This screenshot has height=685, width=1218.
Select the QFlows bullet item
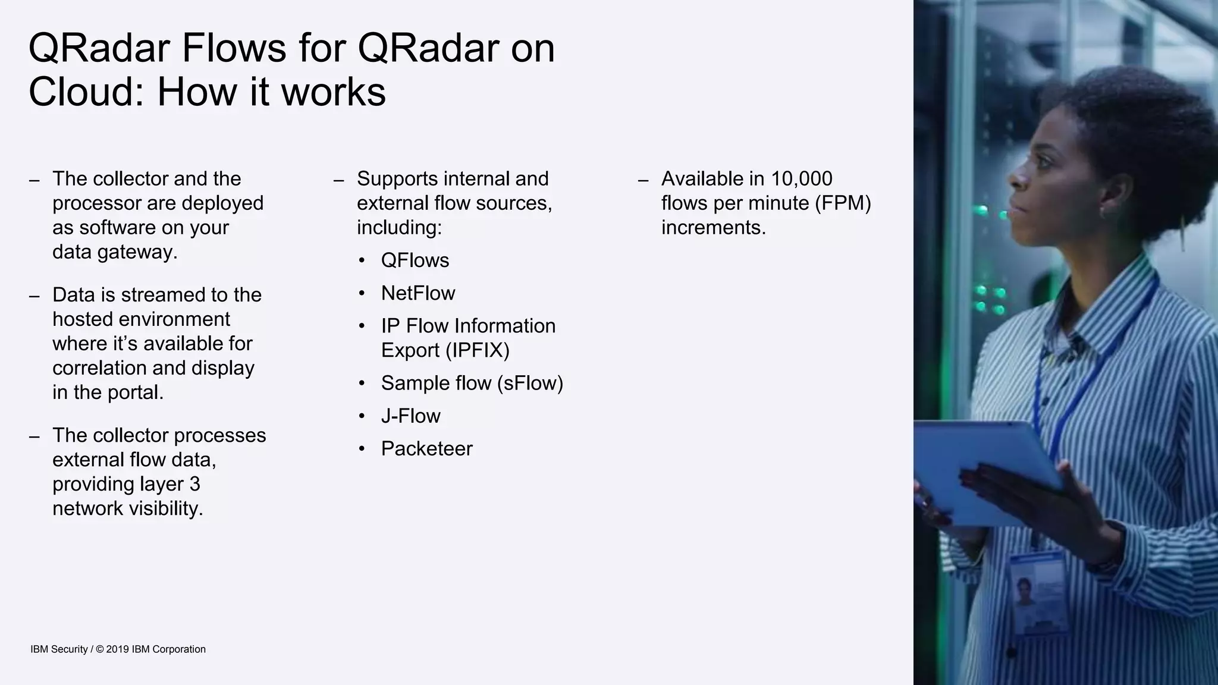(x=415, y=260)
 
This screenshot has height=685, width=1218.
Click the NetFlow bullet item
(x=417, y=293)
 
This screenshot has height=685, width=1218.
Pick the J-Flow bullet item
(x=410, y=416)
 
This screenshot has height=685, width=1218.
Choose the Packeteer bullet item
(x=426, y=449)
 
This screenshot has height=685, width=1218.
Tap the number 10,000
(x=801, y=178)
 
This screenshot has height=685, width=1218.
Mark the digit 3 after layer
(x=194, y=484)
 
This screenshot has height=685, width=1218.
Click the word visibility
(x=165, y=508)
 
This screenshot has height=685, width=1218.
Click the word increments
(x=713, y=228)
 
